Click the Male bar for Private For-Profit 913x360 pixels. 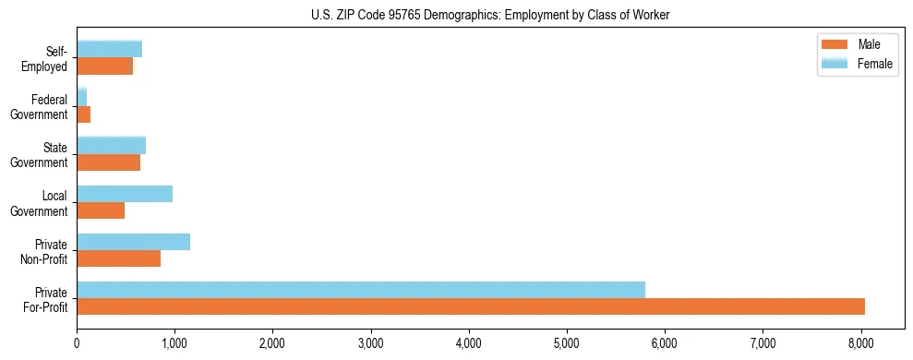pos(471,306)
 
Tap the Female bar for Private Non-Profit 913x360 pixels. pos(133,242)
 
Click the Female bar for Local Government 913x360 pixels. pos(125,194)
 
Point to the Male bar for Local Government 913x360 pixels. pos(101,210)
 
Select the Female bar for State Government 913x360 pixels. pos(111,146)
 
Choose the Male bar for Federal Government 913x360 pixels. pos(84,114)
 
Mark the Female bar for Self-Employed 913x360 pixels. pos(109,49)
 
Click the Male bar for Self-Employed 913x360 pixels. pos(104,66)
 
